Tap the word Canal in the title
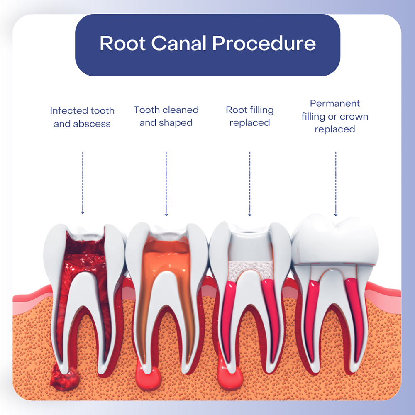(x=180, y=44)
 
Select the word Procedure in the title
(x=265, y=44)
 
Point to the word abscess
(x=94, y=124)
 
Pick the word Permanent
(x=335, y=103)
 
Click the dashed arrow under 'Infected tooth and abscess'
(x=83, y=183)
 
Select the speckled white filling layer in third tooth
(x=250, y=269)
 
